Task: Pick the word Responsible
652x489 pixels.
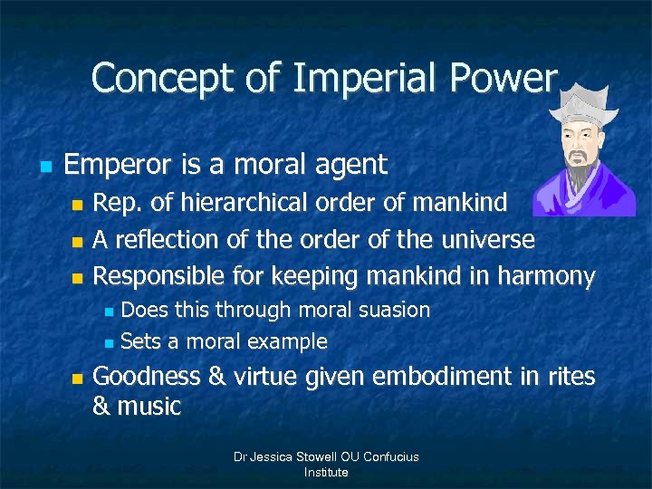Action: pyautogui.click(x=159, y=277)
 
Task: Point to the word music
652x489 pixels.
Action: pyautogui.click(x=149, y=407)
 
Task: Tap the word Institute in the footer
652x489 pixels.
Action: pyautogui.click(x=326, y=472)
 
